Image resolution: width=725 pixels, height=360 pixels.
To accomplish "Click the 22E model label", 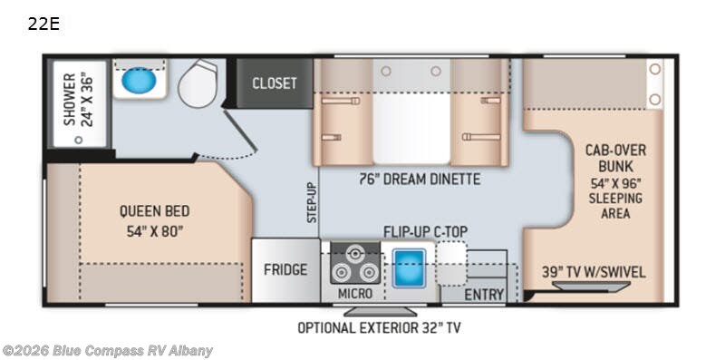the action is pos(43,24).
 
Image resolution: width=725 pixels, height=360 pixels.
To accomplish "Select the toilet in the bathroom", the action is pos(198,83).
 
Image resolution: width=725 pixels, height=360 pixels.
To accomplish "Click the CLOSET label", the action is pos(275,83).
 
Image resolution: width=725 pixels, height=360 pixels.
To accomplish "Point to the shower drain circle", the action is pos(79,140).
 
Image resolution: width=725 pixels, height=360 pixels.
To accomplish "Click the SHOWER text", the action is pos(70,99).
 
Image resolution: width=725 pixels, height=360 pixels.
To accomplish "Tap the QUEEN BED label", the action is pos(154,211).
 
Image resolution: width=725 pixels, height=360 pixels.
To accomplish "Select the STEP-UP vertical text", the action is pos(313,203).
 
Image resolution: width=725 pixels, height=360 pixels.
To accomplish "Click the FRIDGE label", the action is pos(285,269).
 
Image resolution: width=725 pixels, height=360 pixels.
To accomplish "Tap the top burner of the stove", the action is pos(354,254).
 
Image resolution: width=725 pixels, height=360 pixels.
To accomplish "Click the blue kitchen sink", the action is pos(410,268).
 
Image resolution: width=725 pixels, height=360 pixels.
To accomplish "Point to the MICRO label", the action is pos(354,294).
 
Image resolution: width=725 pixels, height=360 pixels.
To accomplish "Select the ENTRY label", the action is pos(484,295).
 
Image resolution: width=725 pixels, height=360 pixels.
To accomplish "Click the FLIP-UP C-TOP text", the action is pos(425,231).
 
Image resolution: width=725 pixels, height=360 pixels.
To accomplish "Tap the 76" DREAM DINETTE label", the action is pos(420,179).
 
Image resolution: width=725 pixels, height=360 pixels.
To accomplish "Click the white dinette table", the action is pos(411,128).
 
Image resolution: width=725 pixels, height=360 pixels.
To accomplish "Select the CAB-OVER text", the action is pos(615,151).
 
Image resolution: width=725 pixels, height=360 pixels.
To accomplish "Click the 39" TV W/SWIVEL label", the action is pos(594,272).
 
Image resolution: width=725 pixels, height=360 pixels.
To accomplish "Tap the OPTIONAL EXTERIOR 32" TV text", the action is pos(379,328).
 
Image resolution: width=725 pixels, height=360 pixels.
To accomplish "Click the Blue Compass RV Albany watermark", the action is pos(107,350).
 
